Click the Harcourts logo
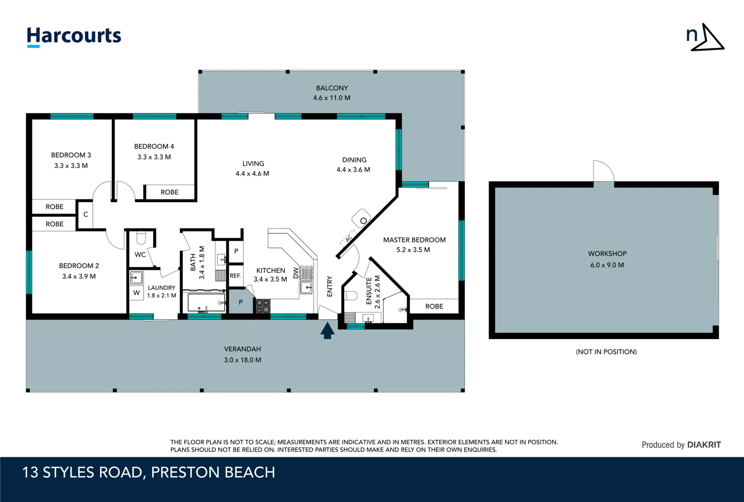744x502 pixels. [74, 36]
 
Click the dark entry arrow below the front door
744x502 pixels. [327, 330]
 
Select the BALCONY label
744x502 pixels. [332, 88]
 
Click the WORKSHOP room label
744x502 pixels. [607, 253]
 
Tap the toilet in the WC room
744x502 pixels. [141, 238]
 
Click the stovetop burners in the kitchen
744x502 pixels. [263, 306]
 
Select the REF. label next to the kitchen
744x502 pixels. [235, 276]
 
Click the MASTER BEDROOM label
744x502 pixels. [414, 240]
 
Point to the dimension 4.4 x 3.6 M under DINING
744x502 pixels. [353, 170]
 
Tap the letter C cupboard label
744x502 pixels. [85, 214]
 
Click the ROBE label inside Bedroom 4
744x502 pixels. [169, 192]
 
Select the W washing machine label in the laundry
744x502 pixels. [136, 293]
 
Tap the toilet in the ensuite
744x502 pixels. [351, 296]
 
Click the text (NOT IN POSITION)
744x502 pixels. [606, 352]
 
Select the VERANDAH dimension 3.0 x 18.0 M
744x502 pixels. [242, 360]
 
